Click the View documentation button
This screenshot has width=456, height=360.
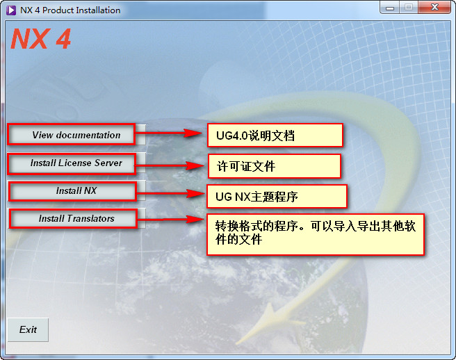click(76, 135)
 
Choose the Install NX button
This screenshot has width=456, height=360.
click(76, 190)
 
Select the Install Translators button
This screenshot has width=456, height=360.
click(76, 218)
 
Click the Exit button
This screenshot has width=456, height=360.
click(28, 329)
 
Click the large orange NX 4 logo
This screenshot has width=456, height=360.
click(40, 39)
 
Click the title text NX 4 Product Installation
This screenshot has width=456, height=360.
click(70, 10)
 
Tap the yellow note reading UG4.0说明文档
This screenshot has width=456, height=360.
click(275, 136)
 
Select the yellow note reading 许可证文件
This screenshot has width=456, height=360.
click(274, 166)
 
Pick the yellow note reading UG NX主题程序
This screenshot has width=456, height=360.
click(276, 197)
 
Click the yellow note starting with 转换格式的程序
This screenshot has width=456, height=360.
click(315, 234)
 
